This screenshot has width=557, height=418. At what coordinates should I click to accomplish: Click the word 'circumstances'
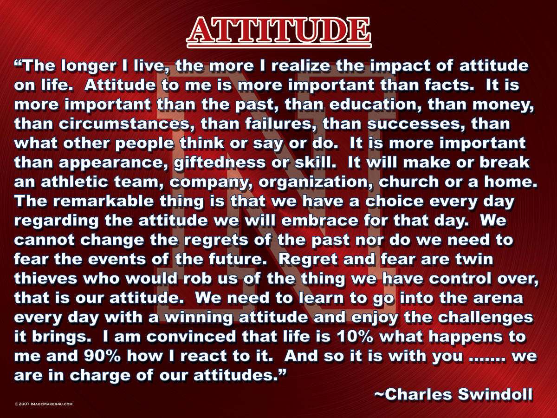coord(124,124)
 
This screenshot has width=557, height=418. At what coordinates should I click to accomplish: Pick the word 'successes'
coord(415,124)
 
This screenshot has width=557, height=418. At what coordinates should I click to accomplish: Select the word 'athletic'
coord(75,182)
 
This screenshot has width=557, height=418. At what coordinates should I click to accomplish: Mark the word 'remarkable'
coord(104,201)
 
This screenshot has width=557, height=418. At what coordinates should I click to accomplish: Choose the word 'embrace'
coord(320,221)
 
